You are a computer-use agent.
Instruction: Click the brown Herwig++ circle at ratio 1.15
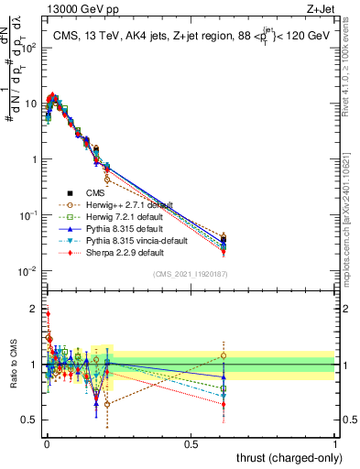(x=224, y=355)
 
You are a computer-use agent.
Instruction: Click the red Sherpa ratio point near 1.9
(x=48, y=313)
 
